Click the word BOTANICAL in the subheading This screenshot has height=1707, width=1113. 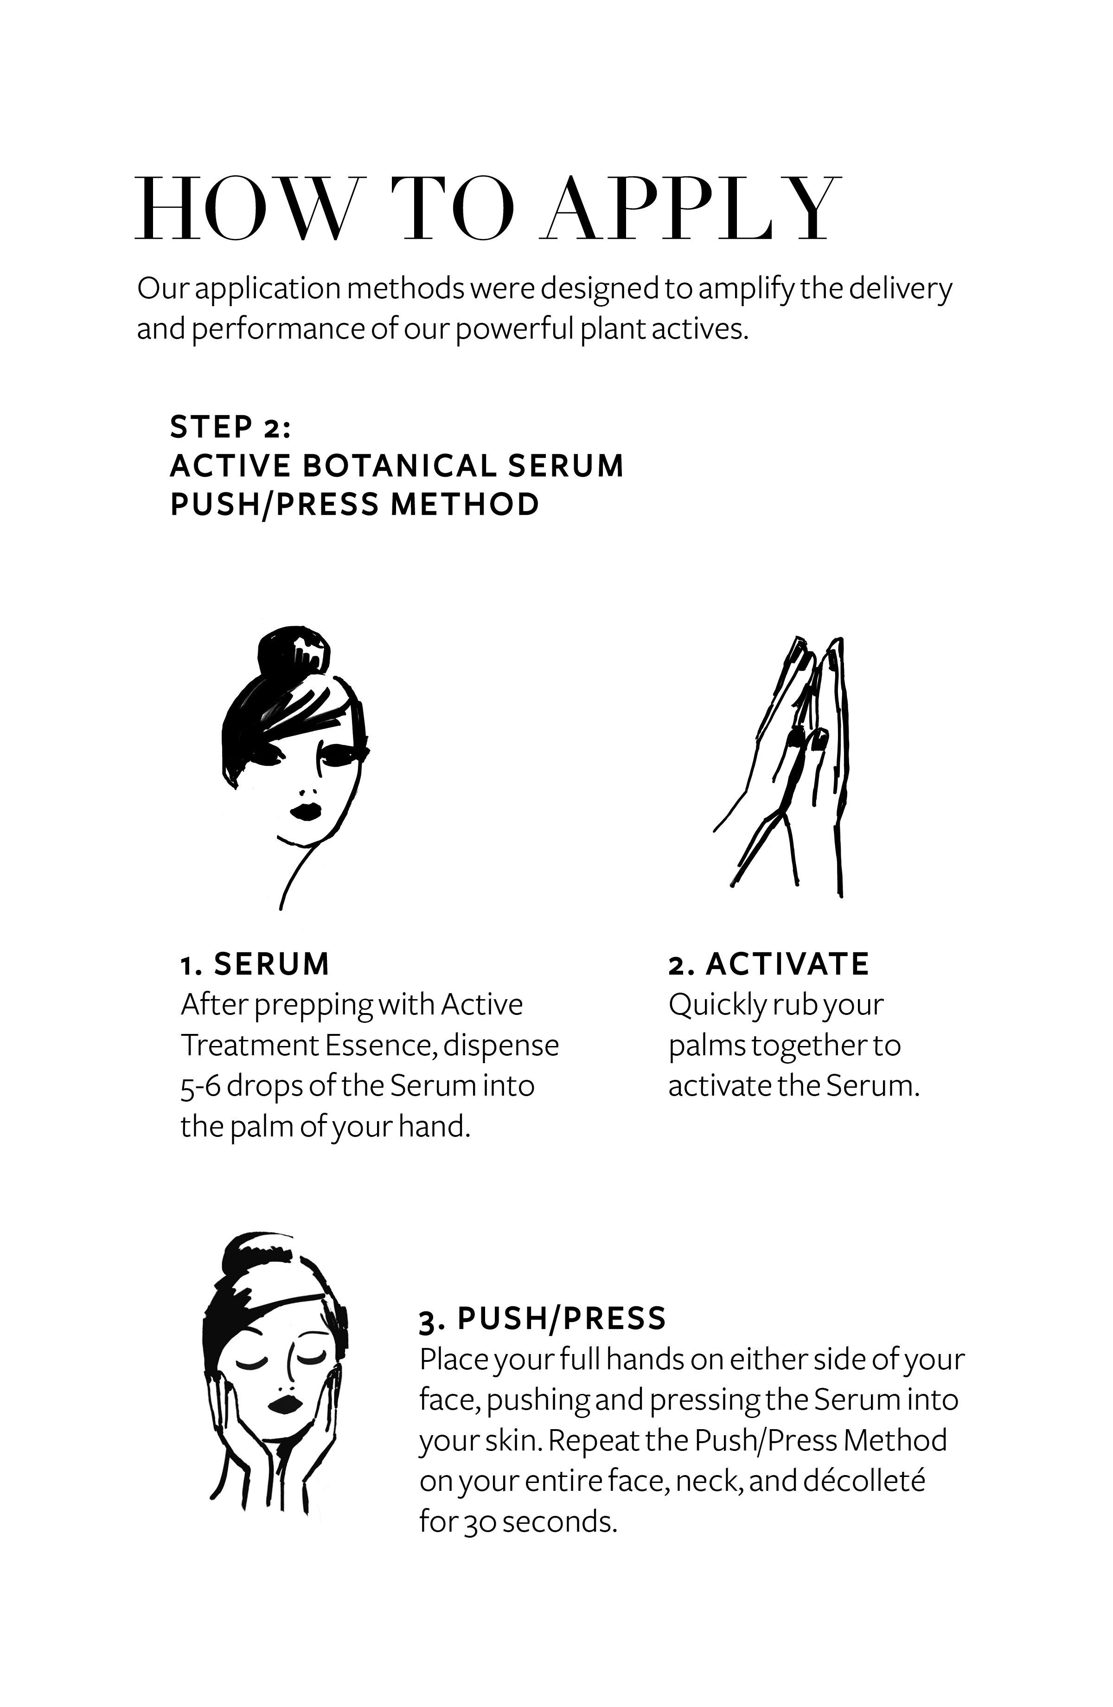[399, 465]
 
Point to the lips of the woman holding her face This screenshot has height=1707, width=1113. [285, 1404]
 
